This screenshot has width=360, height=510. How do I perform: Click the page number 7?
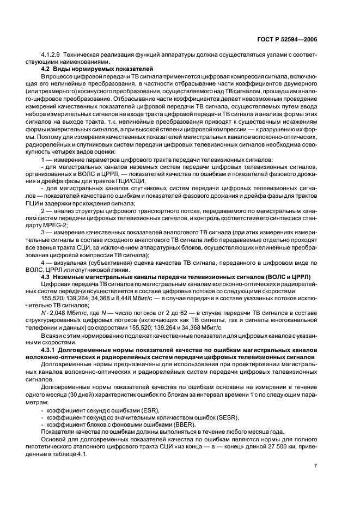click(x=315, y=465)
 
